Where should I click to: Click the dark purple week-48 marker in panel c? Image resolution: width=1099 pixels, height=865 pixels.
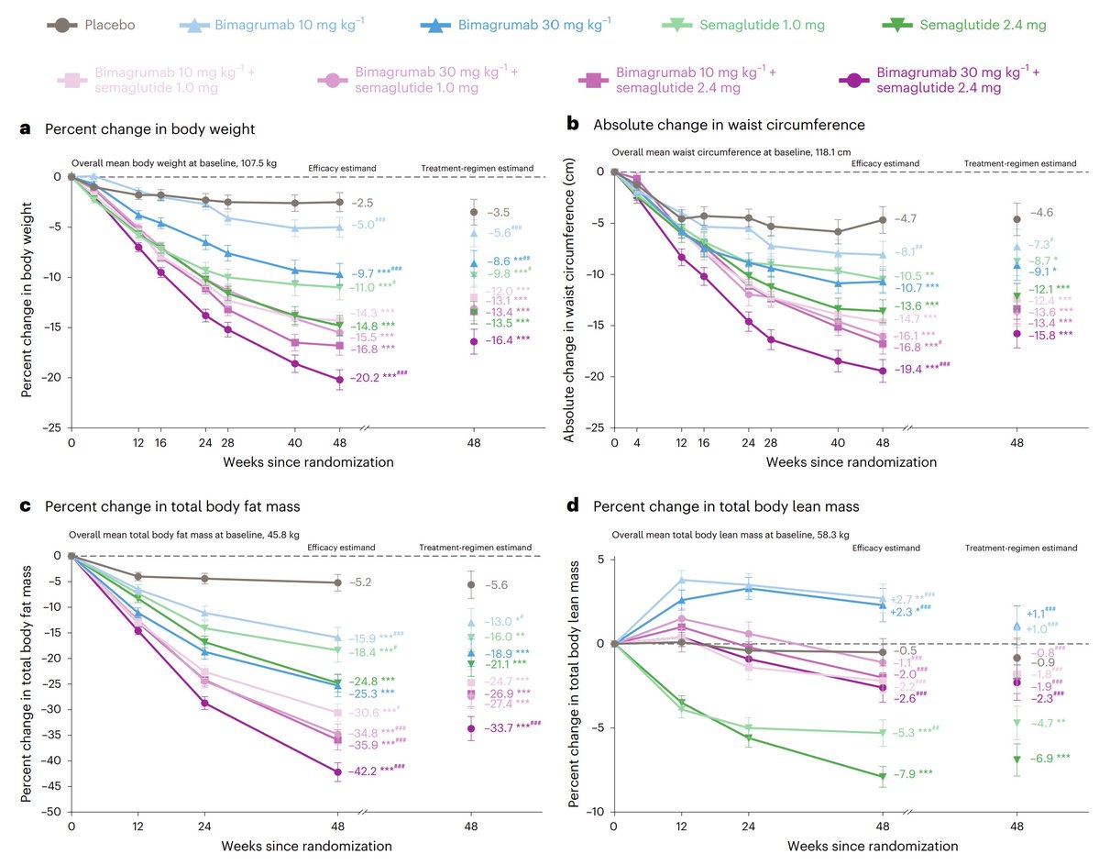[x=338, y=771]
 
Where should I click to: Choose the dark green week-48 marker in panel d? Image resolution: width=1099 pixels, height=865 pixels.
[x=882, y=776]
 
